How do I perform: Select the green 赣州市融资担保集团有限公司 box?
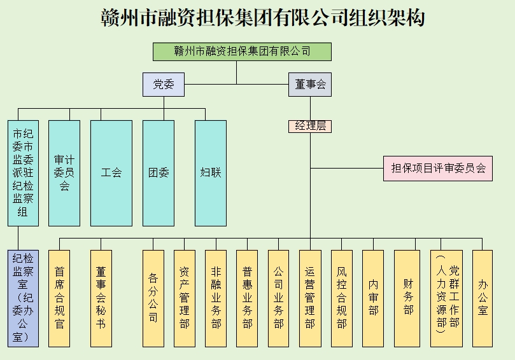242,52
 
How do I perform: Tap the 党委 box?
164,85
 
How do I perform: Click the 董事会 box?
310,85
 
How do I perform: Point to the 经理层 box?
310,126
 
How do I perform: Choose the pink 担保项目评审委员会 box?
437,169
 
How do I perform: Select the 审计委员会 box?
64,173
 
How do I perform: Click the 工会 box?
111,173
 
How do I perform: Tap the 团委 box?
159,173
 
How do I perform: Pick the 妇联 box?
210,173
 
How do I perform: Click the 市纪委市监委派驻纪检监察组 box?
24,173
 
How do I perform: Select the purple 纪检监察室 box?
24,298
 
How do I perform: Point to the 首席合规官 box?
60,298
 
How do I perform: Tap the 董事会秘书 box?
101,298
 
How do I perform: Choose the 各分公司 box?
153,298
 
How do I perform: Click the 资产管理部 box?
185,298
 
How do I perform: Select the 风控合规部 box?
342,298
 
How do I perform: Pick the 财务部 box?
407,298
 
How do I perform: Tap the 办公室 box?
483,298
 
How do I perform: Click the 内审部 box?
373,298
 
